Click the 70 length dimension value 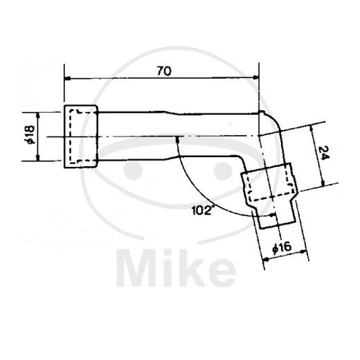(x=163, y=70)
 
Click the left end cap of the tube (x=81, y=137)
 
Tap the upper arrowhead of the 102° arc (x=178, y=139)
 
